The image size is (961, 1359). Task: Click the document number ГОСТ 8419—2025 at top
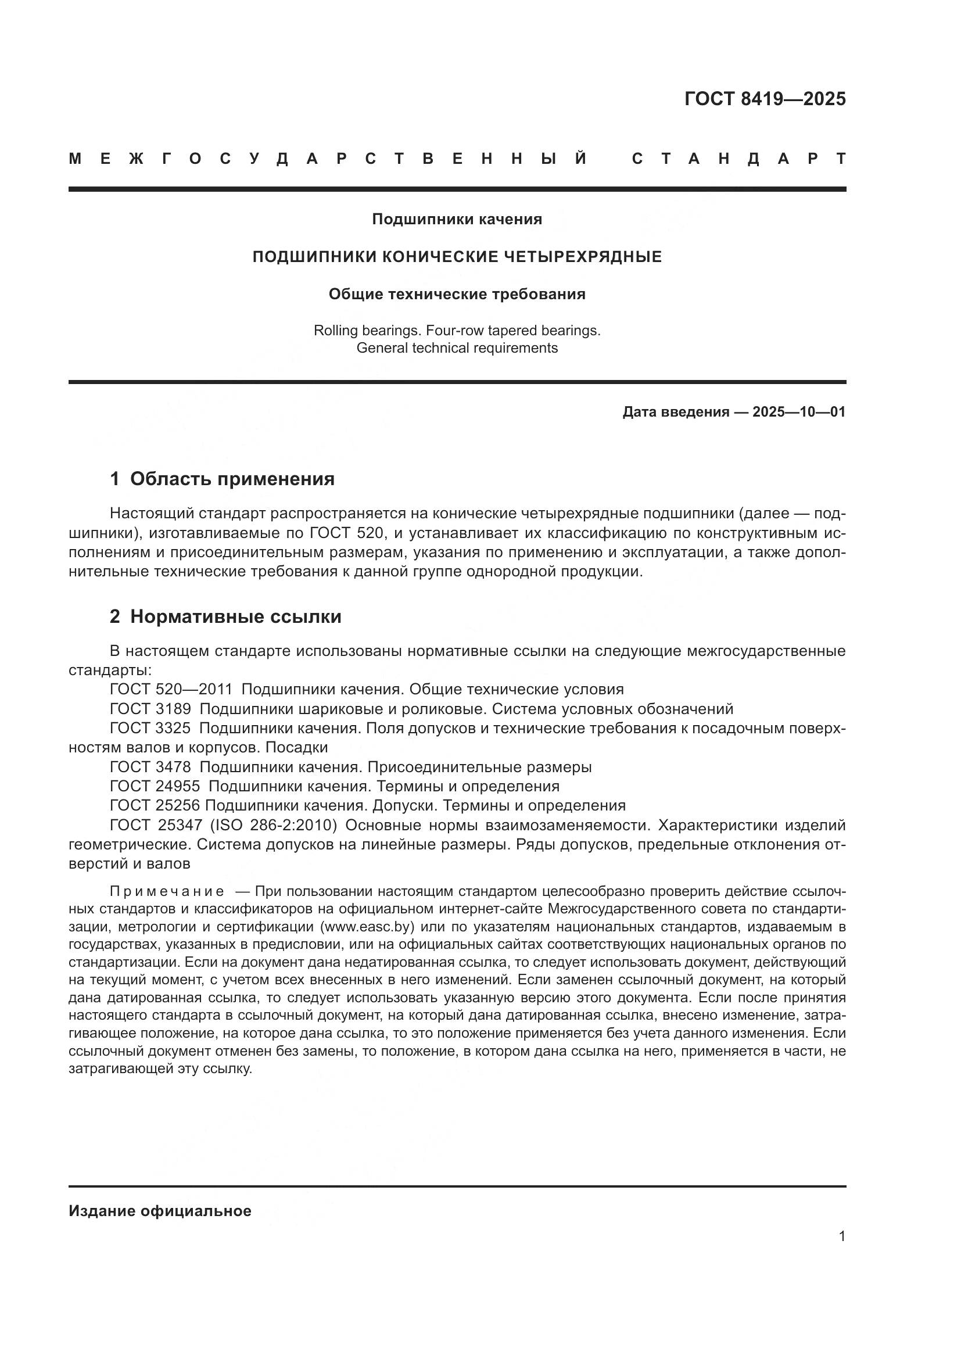point(765,99)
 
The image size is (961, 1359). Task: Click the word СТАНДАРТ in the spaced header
point(738,159)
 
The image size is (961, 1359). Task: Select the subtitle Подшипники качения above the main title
point(457,220)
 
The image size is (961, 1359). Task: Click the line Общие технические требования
point(457,294)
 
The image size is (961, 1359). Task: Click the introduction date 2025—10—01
point(799,412)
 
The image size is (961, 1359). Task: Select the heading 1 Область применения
point(222,479)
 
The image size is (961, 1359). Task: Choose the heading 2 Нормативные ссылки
point(225,617)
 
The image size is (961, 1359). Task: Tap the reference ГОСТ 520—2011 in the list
point(171,689)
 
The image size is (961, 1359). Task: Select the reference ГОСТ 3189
point(150,708)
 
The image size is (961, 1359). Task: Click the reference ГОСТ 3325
point(150,728)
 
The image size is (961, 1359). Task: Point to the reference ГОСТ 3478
point(150,767)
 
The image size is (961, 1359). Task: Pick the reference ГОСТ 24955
point(155,786)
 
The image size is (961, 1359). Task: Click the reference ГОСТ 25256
point(155,805)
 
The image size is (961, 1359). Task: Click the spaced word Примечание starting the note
point(167,892)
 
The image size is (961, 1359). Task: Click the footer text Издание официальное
point(160,1211)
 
